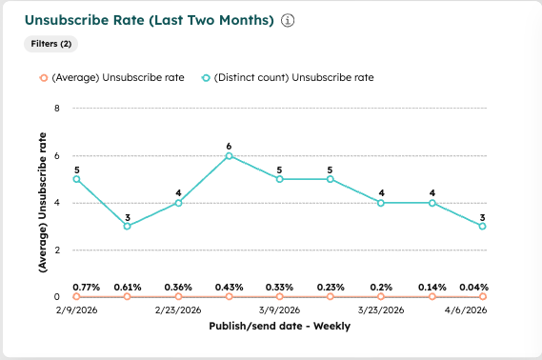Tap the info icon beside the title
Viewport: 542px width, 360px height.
click(288, 20)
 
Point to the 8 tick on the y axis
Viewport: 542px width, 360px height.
click(58, 109)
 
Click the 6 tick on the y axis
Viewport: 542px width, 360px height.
click(58, 155)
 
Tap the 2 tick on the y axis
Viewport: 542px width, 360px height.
click(58, 250)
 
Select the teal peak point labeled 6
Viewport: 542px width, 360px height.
click(229, 155)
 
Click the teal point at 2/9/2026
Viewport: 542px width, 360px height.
click(76, 179)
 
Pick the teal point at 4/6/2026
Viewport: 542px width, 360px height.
click(483, 226)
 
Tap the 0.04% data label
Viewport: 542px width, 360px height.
click(473, 287)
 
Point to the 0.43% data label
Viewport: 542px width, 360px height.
click(229, 287)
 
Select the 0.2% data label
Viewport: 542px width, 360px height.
click(381, 287)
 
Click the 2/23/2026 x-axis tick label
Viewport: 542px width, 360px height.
click(178, 310)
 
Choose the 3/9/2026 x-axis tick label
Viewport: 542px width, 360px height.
click(279, 310)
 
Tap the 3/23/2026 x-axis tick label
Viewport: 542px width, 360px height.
click(381, 310)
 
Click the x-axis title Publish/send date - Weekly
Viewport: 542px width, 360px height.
click(279, 326)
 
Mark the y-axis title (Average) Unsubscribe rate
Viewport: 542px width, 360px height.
click(44, 202)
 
